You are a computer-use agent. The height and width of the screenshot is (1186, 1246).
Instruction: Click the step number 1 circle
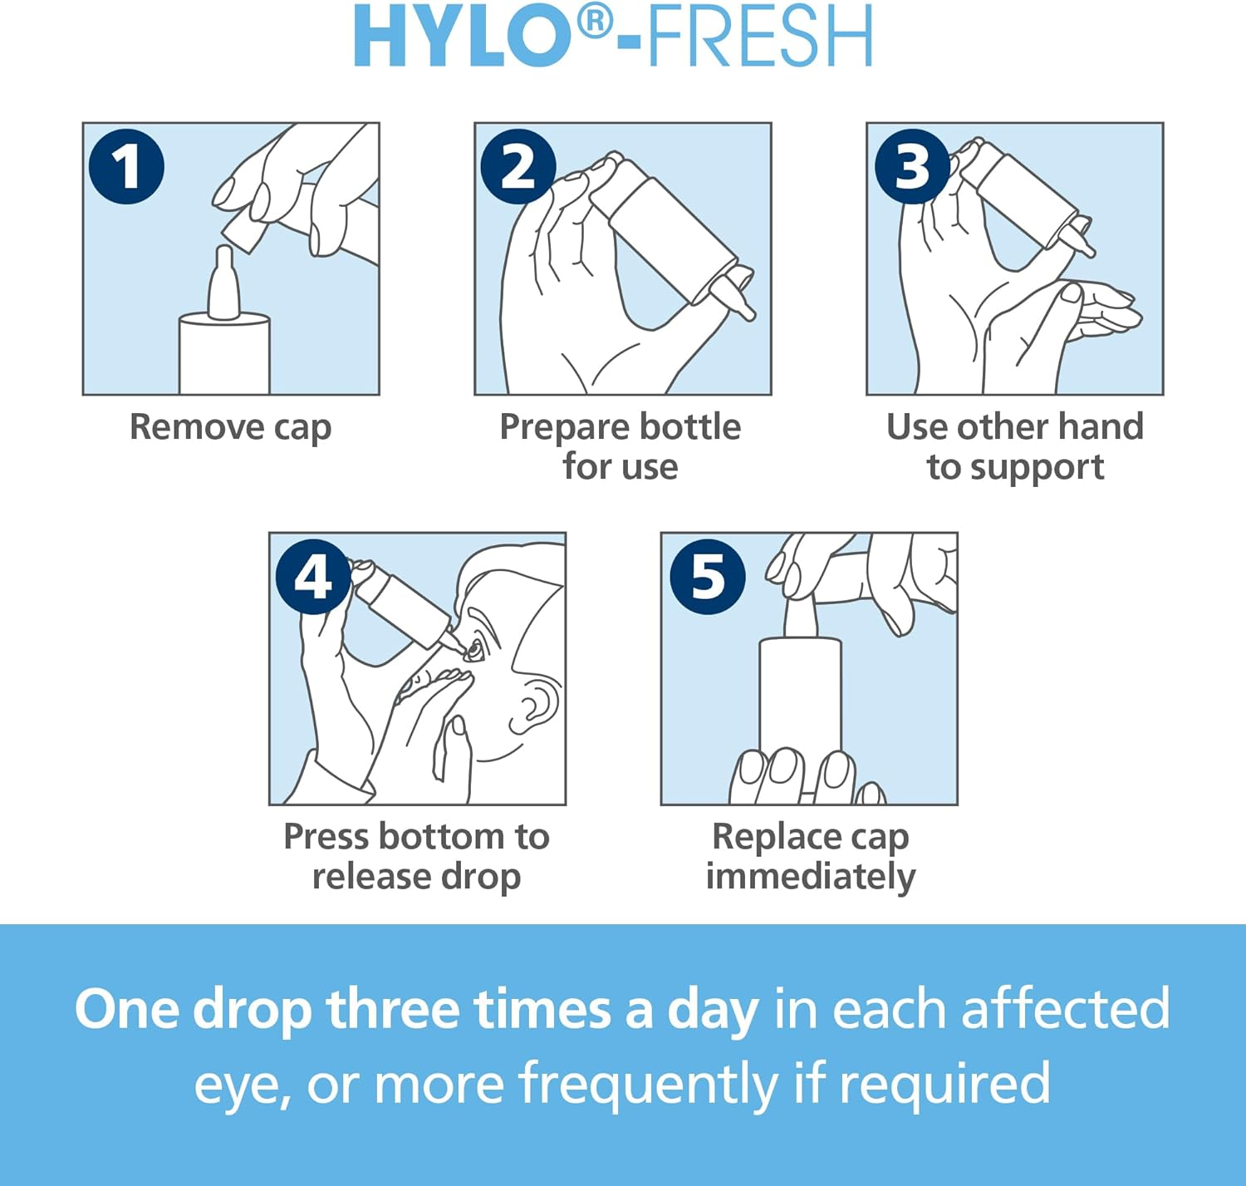click(x=126, y=166)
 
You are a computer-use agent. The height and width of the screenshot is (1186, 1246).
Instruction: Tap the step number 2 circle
click(x=518, y=166)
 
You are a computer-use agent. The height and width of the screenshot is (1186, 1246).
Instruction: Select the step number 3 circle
click(x=912, y=166)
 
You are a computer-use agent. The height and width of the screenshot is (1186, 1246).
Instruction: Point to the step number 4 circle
click(x=313, y=576)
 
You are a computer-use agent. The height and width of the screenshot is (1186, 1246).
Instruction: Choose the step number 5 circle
click(x=708, y=576)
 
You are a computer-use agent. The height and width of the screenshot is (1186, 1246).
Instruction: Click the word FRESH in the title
click(x=760, y=37)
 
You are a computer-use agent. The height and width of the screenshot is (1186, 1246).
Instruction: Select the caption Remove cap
click(x=230, y=428)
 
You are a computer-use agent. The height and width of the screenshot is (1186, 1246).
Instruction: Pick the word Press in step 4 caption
click(x=326, y=837)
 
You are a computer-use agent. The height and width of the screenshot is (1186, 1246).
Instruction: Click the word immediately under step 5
click(x=810, y=877)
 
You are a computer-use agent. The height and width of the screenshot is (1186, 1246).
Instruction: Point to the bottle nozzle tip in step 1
click(x=223, y=253)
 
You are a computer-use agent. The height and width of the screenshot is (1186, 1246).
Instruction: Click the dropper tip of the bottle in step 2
click(x=747, y=311)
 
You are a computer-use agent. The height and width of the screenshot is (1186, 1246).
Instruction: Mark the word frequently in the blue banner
click(x=648, y=1085)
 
